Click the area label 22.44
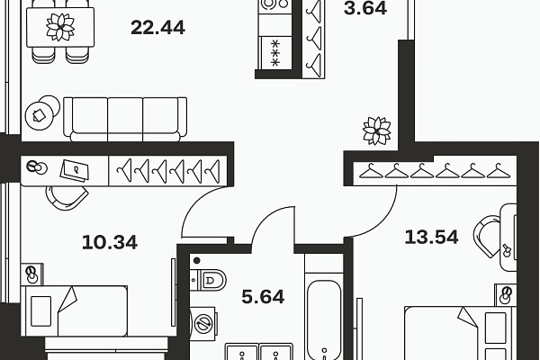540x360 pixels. (158, 28)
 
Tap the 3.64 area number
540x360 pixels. (365, 8)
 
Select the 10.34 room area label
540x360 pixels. (110, 242)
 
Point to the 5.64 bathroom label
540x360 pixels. (263, 297)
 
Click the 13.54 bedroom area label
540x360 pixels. (431, 237)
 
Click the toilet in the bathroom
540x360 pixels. (208, 280)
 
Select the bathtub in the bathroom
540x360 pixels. (324, 319)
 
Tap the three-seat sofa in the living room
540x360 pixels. (125, 119)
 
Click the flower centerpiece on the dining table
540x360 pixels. (60, 27)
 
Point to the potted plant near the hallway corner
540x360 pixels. (377, 130)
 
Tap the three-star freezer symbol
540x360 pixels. (275, 53)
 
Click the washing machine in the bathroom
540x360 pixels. (202, 323)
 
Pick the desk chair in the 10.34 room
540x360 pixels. (67, 198)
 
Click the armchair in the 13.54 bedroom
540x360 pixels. (487, 236)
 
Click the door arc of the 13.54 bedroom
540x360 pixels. (385, 223)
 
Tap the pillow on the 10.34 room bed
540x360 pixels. (41, 311)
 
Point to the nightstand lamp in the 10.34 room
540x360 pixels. (32, 274)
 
